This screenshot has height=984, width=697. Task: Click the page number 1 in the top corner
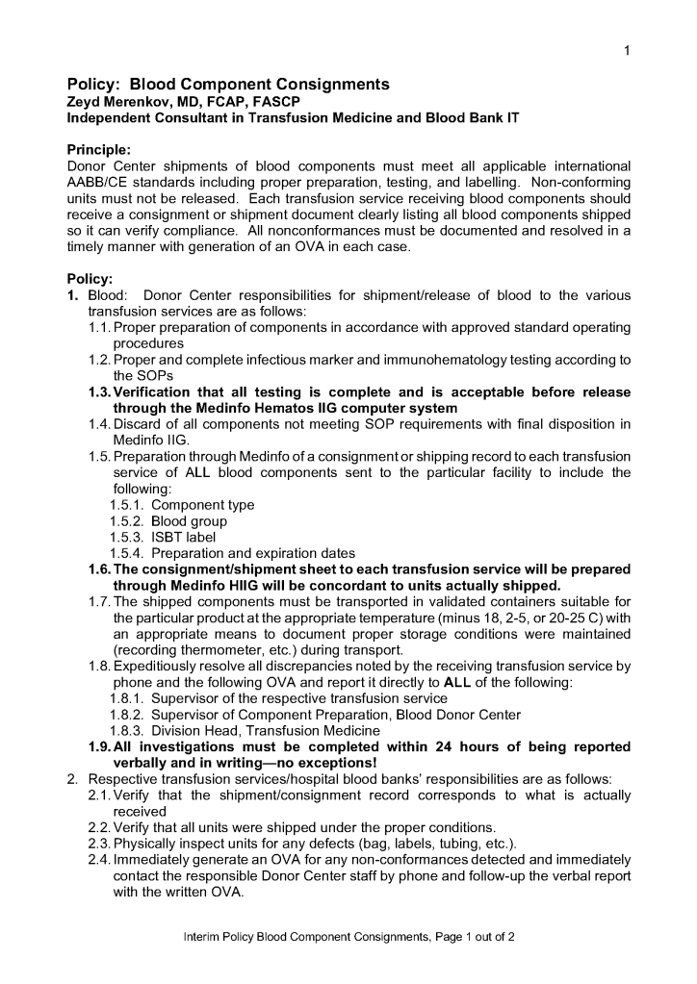[627, 51]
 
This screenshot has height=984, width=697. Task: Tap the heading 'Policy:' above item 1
[90, 279]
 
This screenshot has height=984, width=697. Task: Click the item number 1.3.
[99, 392]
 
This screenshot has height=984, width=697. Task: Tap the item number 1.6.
[99, 570]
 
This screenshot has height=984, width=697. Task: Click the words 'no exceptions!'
[314, 763]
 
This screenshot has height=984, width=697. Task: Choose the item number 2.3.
[99, 844]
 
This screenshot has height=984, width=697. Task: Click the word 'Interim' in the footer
[203, 936]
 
